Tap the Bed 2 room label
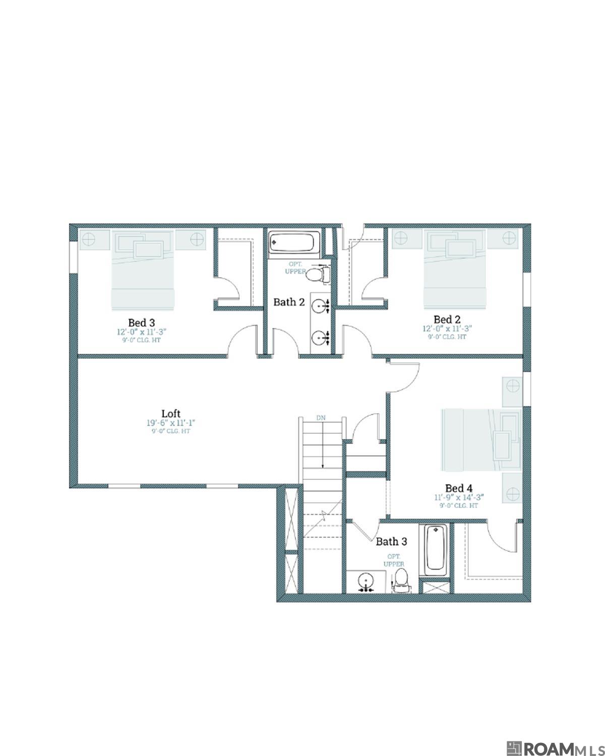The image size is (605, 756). click(447, 320)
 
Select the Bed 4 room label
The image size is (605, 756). click(459, 488)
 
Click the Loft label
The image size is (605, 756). click(171, 414)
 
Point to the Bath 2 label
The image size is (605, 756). click(289, 302)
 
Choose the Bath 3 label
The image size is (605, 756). click(391, 542)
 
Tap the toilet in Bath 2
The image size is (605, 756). click(317, 275)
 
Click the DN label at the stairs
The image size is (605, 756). click(321, 418)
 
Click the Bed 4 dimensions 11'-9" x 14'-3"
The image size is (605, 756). click(459, 497)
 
